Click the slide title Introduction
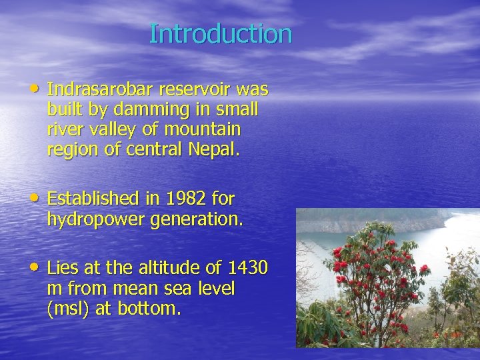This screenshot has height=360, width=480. (x=221, y=33)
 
